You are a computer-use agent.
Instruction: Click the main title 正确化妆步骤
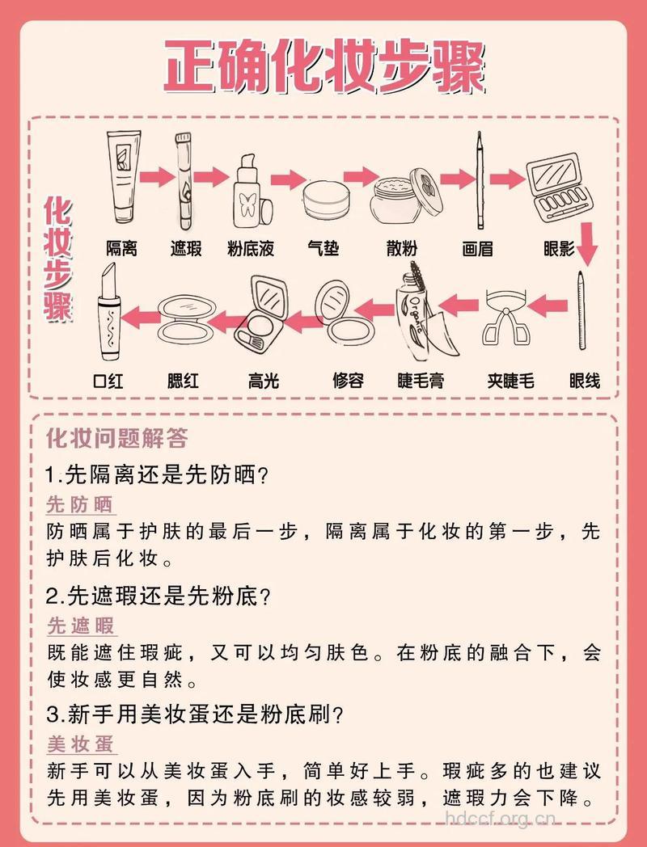pyautogui.click(x=323, y=68)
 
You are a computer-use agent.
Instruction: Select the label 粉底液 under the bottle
pyautogui.click(x=251, y=249)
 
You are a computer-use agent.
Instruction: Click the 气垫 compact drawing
pyautogui.click(x=328, y=201)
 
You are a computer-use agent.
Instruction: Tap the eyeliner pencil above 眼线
pyautogui.click(x=582, y=315)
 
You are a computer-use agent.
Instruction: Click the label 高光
pyautogui.click(x=263, y=380)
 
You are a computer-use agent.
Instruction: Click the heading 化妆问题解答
pyautogui.click(x=116, y=438)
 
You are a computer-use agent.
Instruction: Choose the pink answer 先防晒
pyautogui.click(x=79, y=505)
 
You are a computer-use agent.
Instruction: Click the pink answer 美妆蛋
pyautogui.click(x=79, y=744)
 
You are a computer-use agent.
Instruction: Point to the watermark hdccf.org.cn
pyautogui.click(x=502, y=819)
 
